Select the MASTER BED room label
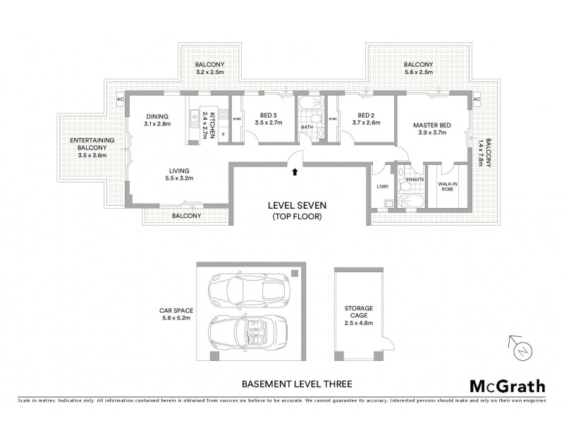(433, 125)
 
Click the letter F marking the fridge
(223, 134)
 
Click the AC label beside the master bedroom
(477, 99)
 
